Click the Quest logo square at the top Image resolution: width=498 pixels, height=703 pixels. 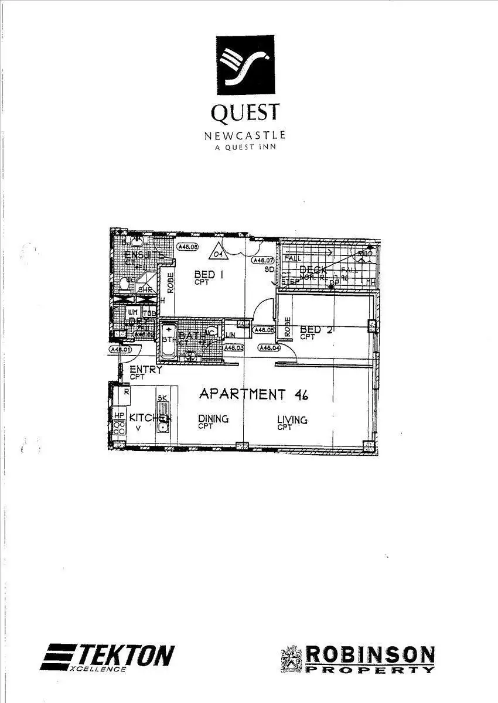[x=245, y=64]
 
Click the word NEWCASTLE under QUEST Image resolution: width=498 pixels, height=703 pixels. [x=245, y=135]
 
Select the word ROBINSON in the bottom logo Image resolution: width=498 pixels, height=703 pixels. [x=371, y=654]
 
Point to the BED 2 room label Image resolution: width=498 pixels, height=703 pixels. [x=316, y=330]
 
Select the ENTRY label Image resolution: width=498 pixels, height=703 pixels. [x=145, y=370]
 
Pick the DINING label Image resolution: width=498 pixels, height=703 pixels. [x=213, y=419]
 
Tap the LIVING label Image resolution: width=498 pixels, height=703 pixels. [x=292, y=419]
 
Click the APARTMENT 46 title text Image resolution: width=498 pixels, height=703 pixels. [x=254, y=394]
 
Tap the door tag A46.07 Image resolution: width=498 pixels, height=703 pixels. [x=263, y=260]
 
